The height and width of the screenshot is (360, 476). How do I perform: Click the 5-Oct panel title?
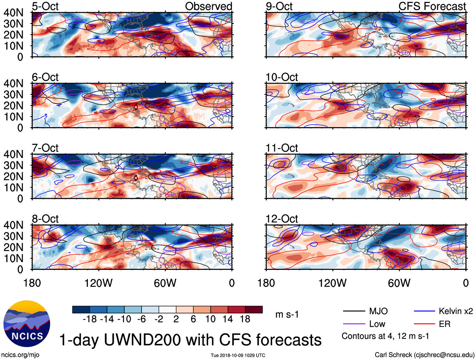pos(45,6)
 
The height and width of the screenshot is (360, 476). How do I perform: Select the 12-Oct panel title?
pos(282,219)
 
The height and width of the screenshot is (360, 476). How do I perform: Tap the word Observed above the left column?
pos(208,6)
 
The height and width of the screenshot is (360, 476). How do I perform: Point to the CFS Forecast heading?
pos(432,6)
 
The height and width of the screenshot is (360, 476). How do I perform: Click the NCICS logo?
pos(27,324)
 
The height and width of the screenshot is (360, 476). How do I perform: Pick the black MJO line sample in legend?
pos(354,311)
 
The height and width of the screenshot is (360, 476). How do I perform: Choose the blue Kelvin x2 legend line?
pos(424,311)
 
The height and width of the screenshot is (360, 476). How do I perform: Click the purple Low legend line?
pos(354,324)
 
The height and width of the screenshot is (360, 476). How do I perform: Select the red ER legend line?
pos(424,324)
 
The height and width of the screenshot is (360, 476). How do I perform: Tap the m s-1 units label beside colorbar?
pos(287,315)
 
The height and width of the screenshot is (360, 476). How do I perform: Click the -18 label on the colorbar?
pos(90,319)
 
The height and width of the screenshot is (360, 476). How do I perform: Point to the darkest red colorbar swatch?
pos(254,310)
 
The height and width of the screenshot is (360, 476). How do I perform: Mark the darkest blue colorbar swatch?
pos(81,310)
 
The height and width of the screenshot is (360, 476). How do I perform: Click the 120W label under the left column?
pos(98,283)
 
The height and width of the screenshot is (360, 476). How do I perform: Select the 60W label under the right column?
pos(399,283)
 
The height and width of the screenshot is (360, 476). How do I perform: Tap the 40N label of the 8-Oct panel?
pos(14,225)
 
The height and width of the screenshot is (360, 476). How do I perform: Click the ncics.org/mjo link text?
pos(20,355)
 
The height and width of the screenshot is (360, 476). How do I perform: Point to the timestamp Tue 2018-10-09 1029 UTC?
pos(238,355)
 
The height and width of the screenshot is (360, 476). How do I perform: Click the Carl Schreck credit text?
pos(424,355)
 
